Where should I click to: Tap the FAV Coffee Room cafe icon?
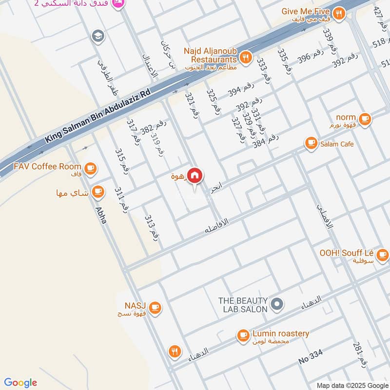(x=89, y=169)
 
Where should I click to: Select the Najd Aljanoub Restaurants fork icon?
(x=246, y=58)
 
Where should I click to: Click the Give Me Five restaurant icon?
(x=339, y=13)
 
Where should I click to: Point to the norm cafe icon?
(x=364, y=118)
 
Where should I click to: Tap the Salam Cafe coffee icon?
(x=310, y=143)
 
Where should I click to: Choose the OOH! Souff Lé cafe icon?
(x=382, y=254)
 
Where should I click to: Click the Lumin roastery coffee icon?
(x=243, y=335)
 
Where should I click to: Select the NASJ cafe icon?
(x=155, y=307)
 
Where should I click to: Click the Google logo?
(x=20, y=382)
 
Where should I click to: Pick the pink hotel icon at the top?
(x=117, y=3)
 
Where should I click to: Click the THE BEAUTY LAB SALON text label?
(x=243, y=305)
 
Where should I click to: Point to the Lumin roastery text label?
(x=281, y=333)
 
